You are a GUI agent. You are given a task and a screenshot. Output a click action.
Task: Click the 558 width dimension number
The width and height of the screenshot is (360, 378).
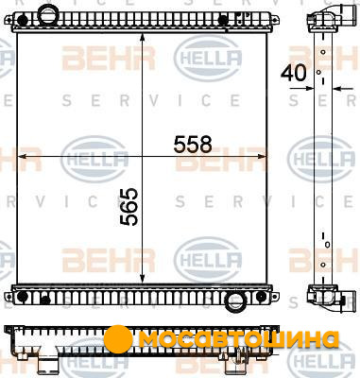(x=193, y=145)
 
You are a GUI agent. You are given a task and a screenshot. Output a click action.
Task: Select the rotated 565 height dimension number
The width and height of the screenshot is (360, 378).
(x=129, y=207)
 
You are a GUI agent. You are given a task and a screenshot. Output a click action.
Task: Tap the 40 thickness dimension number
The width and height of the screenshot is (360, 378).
(x=293, y=73)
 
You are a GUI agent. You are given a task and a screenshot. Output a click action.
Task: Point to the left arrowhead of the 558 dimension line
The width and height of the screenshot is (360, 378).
(x=23, y=156)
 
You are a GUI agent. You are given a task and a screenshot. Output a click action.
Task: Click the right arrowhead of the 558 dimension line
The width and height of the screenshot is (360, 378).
(x=262, y=156)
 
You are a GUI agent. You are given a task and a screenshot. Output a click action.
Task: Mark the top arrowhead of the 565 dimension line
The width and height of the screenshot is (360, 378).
(x=142, y=39)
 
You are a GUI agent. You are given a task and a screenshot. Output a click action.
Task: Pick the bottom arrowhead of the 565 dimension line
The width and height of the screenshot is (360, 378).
(x=142, y=278)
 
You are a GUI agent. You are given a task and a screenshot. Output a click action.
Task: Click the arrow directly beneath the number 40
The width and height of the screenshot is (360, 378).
(x=302, y=89)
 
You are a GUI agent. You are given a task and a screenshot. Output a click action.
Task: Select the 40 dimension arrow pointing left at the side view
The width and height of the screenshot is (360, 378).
(x=343, y=89)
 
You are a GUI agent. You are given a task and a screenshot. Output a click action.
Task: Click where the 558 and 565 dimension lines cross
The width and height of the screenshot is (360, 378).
(x=142, y=156)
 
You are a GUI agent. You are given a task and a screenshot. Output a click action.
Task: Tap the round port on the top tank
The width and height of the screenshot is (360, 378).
(x=47, y=13)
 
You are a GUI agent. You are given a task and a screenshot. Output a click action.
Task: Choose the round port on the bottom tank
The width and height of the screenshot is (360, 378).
(x=235, y=302)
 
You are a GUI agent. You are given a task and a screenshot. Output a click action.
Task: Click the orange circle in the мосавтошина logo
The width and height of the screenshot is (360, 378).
(x=118, y=339)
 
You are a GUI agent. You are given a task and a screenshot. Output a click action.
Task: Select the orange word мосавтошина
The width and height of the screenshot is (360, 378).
(x=239, y=339)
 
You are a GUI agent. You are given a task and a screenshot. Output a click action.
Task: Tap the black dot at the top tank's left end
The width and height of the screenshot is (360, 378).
(x=23, y=20)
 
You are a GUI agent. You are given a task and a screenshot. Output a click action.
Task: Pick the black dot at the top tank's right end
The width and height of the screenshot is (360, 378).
(x=223, y=20)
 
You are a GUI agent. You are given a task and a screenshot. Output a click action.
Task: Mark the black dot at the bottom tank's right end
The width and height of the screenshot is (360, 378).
(x=261, y=297)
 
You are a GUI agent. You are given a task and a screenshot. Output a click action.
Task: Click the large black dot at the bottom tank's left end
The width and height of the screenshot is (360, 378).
(x=22, y=297)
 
